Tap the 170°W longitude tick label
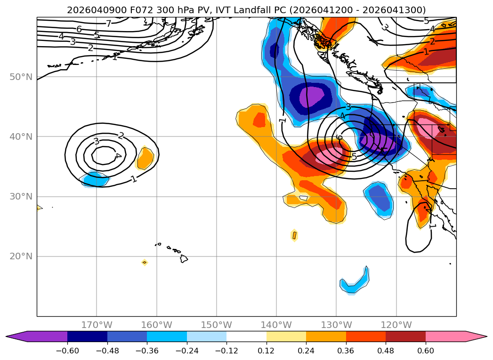97,325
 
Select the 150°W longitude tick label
217,325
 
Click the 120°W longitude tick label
396,325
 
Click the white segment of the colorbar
246,336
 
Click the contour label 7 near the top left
108,24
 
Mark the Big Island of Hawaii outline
184,258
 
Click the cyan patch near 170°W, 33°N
96,179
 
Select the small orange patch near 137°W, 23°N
294,235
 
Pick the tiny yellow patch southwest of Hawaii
145,262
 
